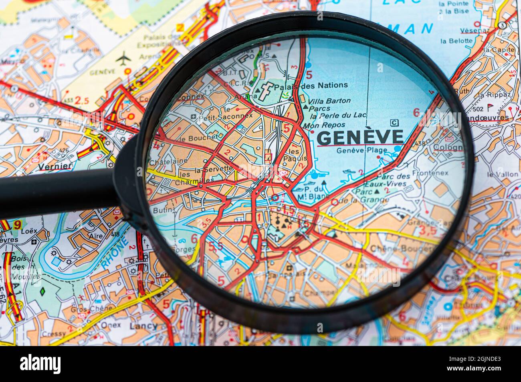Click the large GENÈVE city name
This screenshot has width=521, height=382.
(360, 137)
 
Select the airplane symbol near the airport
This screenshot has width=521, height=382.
(123, 58)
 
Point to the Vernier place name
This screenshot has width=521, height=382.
(55, 166)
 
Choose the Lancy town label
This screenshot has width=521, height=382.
(143, 326)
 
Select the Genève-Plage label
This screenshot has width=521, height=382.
(361, 150)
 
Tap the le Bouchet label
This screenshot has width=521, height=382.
(198, 138)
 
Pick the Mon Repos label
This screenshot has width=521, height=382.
(319, 125)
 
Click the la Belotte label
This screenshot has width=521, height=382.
(456, 40)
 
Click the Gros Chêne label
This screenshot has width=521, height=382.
(86, 309)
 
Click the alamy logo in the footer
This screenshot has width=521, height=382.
(40, 364)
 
